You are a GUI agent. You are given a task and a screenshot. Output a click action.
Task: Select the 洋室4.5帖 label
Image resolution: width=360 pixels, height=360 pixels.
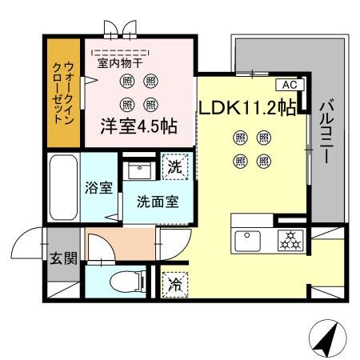[x=138, y=126]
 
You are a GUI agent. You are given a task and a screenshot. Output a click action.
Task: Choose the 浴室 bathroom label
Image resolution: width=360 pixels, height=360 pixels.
[x=98, y=190]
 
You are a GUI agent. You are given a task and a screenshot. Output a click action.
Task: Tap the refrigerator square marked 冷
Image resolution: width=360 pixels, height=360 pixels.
[x=174, y=283]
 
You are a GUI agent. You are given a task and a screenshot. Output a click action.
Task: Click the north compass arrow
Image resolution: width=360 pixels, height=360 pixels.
[x=327, y=338]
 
